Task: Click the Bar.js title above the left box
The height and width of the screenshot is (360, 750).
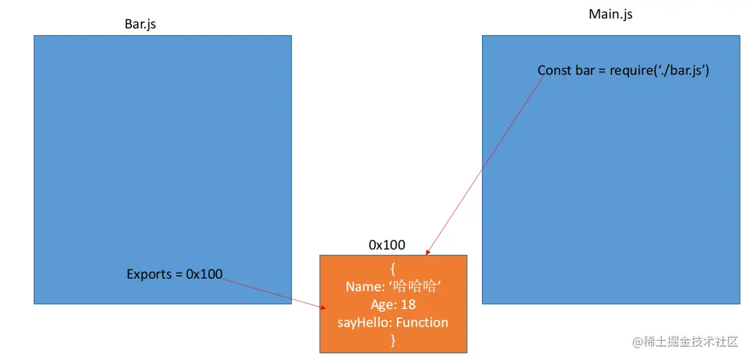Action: point(140,24)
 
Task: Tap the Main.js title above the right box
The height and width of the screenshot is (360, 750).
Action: point(610,14)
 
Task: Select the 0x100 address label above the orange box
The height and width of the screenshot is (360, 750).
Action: point(387,246)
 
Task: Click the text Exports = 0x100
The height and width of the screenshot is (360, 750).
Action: point(175,274)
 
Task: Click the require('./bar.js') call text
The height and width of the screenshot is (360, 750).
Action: point(659,70)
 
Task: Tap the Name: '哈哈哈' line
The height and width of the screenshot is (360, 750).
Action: point(393,287)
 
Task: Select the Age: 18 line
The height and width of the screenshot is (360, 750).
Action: point(393,304)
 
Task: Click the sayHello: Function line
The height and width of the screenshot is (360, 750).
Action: point(393,322)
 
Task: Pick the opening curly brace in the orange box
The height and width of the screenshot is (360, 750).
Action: point(393,269)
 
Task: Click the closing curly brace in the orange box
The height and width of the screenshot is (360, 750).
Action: point(393,340)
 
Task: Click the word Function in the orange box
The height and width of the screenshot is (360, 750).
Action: point(422,322)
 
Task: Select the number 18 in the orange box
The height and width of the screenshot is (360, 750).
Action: point(408,304)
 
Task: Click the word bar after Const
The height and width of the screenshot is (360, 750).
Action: point(585,70)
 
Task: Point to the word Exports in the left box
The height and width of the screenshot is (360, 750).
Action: point(149,274)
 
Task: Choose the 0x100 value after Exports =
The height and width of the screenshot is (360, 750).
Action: point(204,274)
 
